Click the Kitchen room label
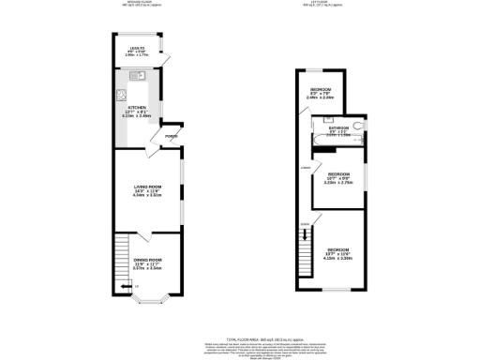click(138, 109)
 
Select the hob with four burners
click(121, 94)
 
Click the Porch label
click(171, 137)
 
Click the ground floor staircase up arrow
click(124, 285)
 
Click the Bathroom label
click(338, 127)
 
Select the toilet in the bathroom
click(359, 125)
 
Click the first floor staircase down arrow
click(303, 224)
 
